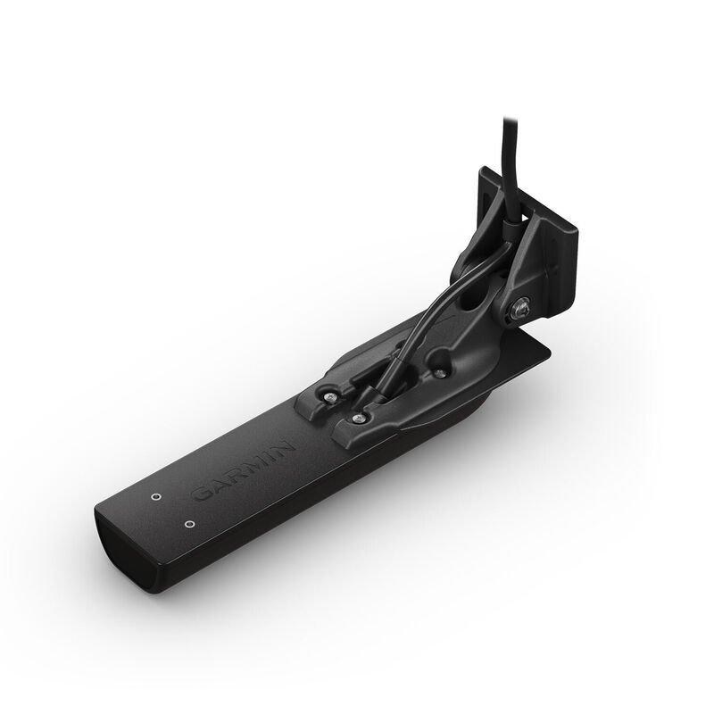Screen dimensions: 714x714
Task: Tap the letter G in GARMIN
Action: [203, 494]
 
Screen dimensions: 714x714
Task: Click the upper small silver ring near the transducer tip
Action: [156, 496]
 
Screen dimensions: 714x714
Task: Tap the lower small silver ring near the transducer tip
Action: [190, 524]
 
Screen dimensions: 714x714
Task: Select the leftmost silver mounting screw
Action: [328, 397]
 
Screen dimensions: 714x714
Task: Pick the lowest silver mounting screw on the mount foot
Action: [358, 417]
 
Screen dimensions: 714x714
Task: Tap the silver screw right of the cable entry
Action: [438, 373]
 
